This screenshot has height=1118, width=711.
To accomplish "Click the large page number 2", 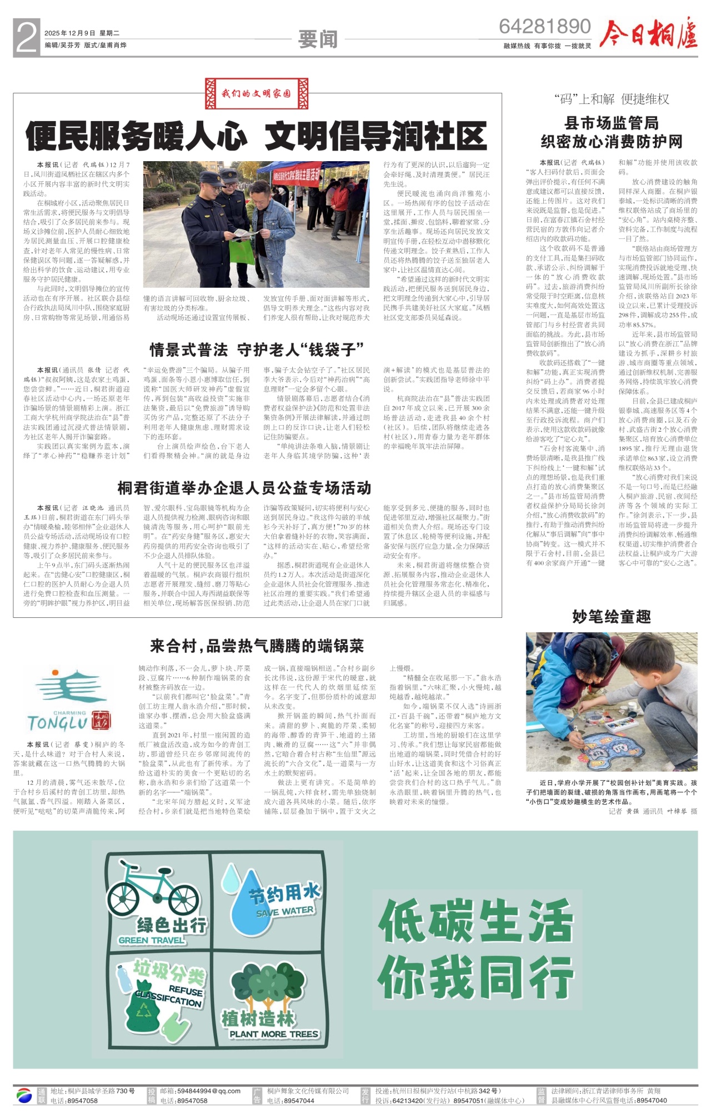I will click(x=27, y=38).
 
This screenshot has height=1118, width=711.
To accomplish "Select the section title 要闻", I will click(x=318, y=39).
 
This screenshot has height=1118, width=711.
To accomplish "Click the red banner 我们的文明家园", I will click(x=256, y=93).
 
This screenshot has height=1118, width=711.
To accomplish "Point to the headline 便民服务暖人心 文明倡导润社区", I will click(x=256, y=137).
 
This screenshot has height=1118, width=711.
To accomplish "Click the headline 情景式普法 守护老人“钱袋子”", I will click(x=257, y=350).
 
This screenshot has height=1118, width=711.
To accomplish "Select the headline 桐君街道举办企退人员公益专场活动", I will click(x=244, y=488).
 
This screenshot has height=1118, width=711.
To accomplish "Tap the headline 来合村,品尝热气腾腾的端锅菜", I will click(x=257, y=646).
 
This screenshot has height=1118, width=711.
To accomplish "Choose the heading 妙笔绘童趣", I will click(x=611, y=617).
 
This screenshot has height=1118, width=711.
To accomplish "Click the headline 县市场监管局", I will click(x=611, y=123).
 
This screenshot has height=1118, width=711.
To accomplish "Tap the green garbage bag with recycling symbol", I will click(x=143, y=1009).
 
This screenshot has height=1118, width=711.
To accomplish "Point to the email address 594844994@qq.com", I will click(x=200, y=1091).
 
